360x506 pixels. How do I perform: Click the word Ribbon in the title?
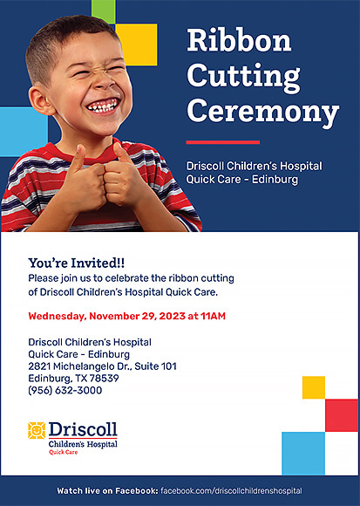(x=239, y=40)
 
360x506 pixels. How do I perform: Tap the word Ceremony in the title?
(x=262, y=112)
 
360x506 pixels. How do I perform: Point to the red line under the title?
(x=223, y=142)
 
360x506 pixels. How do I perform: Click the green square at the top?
(x=104, y=11)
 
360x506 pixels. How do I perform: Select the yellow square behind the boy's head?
(x=139, y=44)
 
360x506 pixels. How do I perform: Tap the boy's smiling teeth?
(x=103, y=106)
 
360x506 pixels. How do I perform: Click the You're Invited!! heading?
(x=77, y=263)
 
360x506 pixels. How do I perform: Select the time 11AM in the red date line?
(x=213, y=316)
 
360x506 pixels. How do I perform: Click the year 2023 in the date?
(x=173, y=316)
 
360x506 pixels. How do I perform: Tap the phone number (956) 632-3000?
(x=65, y=391)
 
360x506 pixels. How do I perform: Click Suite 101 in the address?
(x=156, y=366)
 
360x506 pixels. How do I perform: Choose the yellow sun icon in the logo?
(x=37, y=430)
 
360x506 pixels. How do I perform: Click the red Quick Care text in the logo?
(x=63, y=452)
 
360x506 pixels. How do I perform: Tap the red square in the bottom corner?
(x=342, y=415)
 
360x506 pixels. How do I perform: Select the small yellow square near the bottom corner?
(x=314, y=387)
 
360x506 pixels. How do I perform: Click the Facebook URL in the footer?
(x=231, y=491)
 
